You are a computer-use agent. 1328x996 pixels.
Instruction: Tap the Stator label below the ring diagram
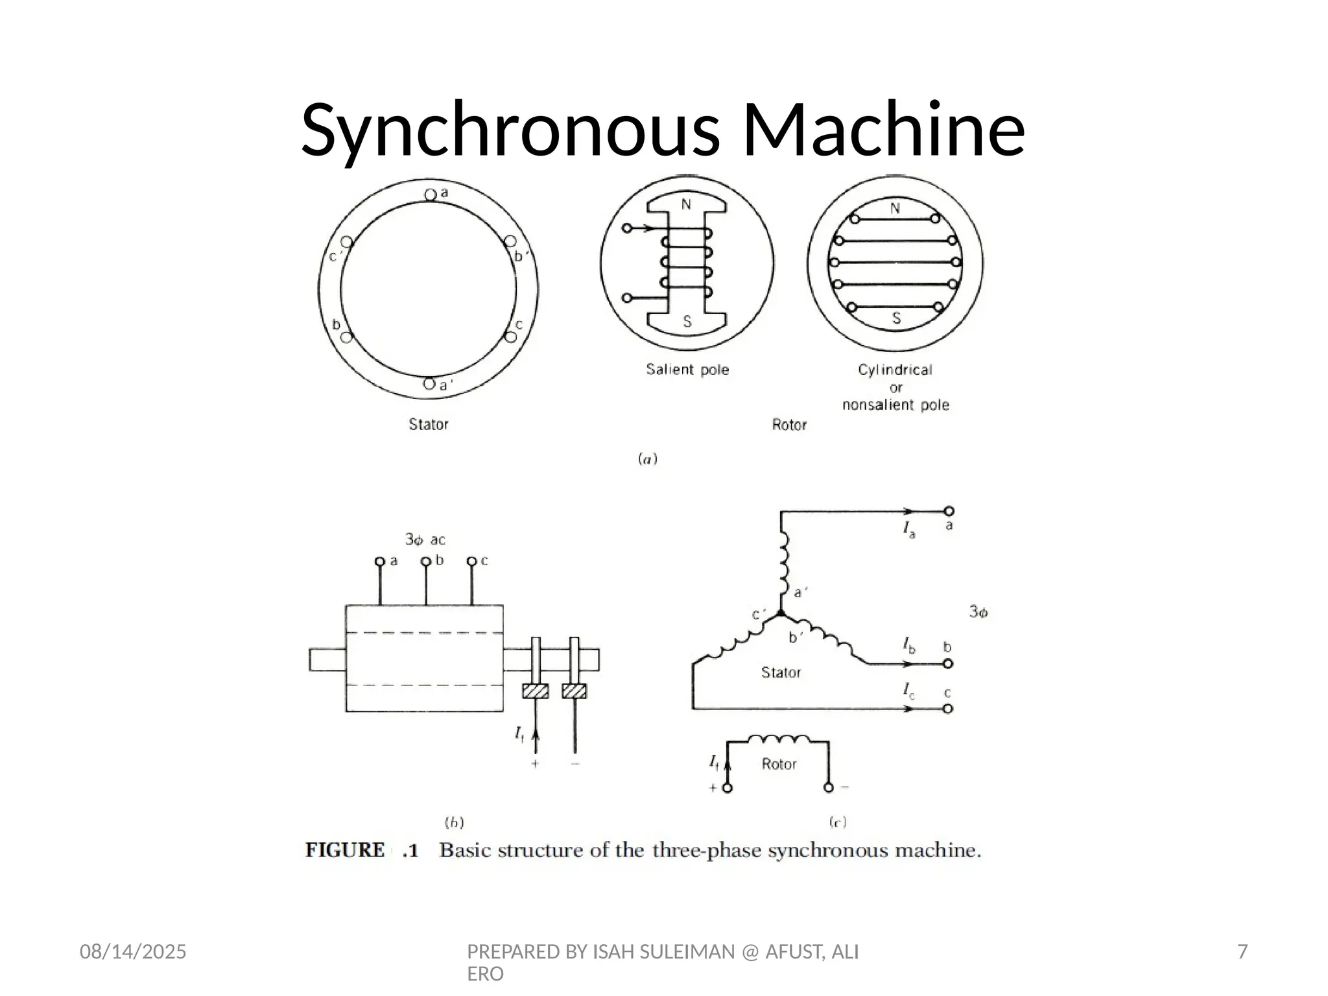428,424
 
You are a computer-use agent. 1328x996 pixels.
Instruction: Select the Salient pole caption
687,370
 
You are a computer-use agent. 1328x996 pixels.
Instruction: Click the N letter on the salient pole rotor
686,206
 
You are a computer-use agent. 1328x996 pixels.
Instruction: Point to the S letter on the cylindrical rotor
896,318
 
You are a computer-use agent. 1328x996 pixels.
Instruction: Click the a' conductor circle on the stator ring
429,384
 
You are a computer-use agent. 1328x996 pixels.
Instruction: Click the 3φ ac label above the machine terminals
425,539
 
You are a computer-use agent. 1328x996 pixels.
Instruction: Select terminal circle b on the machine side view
426,562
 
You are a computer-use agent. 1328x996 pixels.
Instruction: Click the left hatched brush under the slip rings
535,691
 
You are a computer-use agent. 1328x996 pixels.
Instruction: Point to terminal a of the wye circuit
949,512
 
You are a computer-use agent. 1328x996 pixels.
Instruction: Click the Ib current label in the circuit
909,645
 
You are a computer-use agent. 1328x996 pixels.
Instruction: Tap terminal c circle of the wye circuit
948,709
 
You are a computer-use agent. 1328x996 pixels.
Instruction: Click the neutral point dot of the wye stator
781,613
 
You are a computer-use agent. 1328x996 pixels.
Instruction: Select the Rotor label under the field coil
779,764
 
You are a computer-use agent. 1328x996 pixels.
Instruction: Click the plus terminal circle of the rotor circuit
728,788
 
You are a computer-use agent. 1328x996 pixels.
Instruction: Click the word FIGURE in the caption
345,850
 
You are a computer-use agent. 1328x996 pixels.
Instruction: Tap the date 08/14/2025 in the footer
133,952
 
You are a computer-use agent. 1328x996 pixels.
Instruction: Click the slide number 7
1242,952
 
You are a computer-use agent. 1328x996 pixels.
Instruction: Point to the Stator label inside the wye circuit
781,672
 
